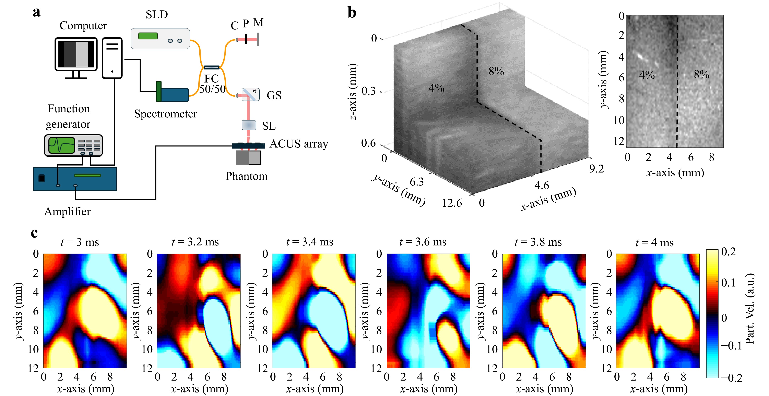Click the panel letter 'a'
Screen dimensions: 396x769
(36, 13)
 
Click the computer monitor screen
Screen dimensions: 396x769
(76, 54)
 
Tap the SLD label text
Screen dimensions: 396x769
(157, 14)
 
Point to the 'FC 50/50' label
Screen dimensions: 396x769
(212, 84)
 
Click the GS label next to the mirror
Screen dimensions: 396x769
(274, 95)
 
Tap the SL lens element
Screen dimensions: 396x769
(249, 125)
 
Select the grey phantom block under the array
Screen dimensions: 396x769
(248, 158)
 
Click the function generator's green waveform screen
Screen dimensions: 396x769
(62, 145)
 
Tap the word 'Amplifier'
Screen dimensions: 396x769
(68, 212)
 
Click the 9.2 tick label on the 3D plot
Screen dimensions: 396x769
(596, 169)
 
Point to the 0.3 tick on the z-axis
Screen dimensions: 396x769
(368, 91)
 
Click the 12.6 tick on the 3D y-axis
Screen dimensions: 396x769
(452, 203)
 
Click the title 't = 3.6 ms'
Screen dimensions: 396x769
(423, 242)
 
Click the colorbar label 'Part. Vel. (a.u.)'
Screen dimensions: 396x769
(750, 308)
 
